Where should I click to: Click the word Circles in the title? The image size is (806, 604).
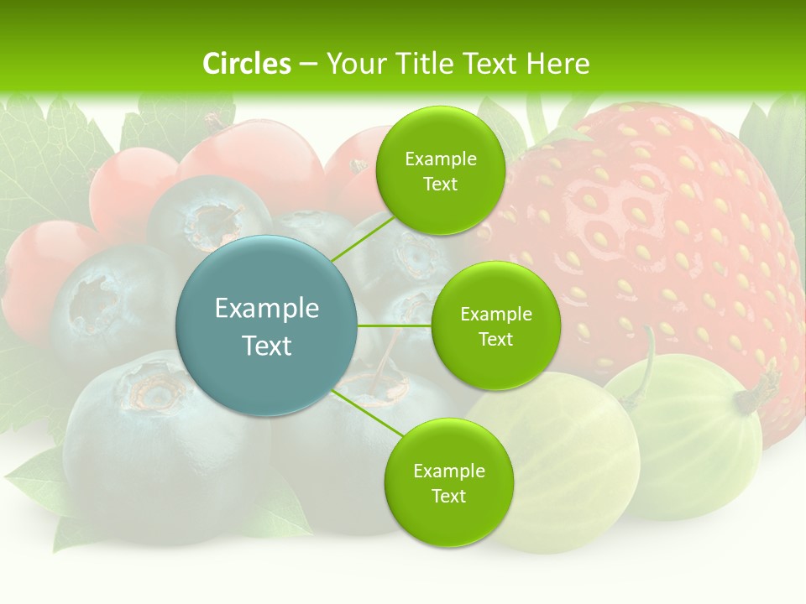[246, 64]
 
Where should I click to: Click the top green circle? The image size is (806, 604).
[440, 170]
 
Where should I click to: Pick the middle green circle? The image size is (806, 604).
[495, 325]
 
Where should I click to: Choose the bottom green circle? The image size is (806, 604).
[448, 482]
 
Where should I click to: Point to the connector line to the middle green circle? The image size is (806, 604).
[395, 325]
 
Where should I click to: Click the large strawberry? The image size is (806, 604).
[663, 243]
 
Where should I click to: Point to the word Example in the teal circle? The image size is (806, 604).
[267, 309]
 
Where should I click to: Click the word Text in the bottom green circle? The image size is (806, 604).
[448, 496]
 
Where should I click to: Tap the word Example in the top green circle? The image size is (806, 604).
[440, 159]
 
